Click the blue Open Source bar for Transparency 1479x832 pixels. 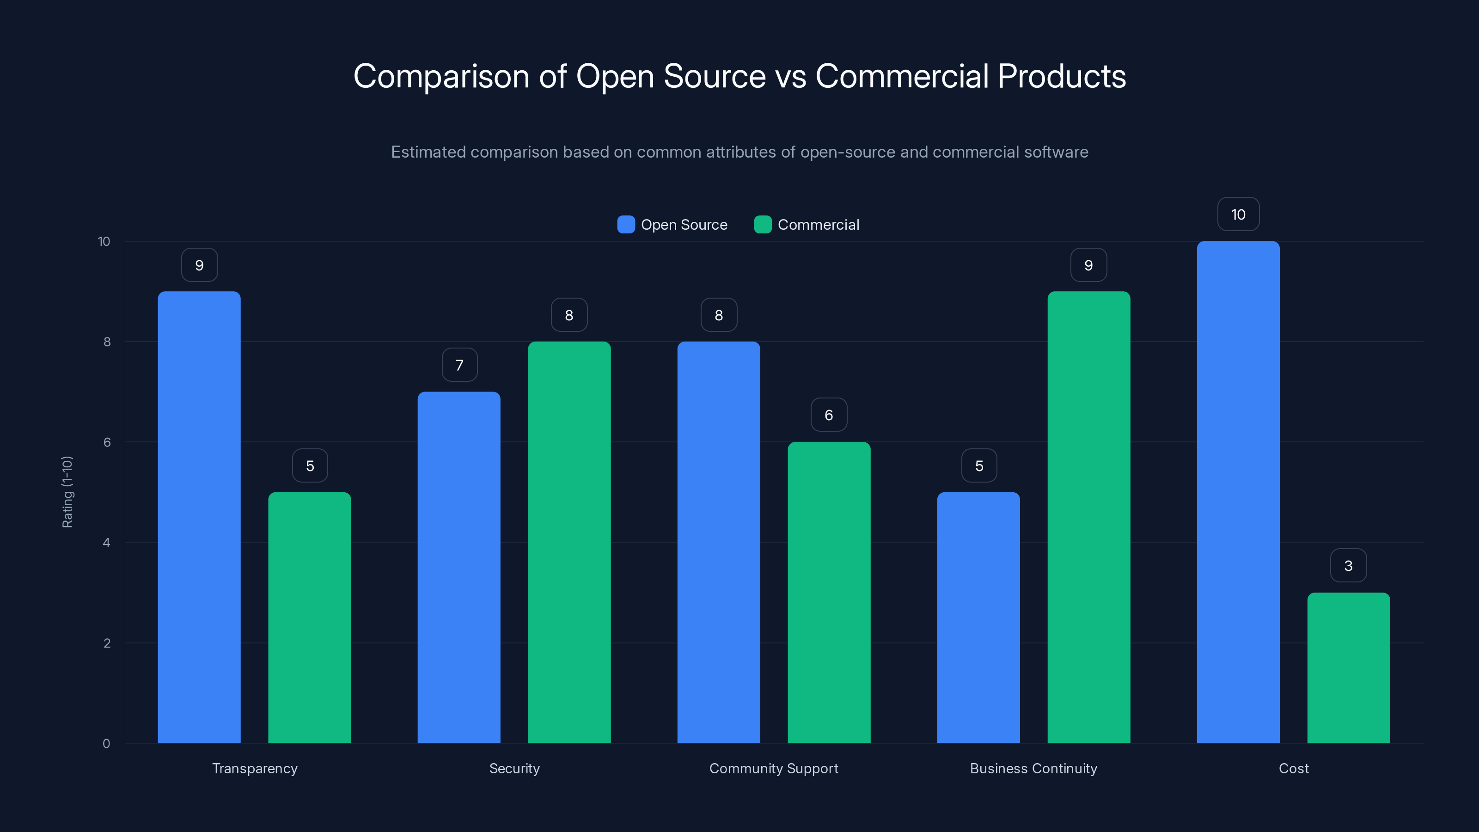point(199,517)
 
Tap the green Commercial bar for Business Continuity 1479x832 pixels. point(1088,517)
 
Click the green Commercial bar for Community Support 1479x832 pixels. point(829,592)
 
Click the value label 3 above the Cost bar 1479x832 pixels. point(1348,566)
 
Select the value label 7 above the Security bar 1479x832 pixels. point(459,365)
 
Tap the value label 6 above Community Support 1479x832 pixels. point(829,415)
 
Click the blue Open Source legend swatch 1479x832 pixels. point(626,225)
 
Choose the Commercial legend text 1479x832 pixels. point(818,225)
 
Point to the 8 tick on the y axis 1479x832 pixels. point(107,342)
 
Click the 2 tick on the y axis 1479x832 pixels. point(107,643)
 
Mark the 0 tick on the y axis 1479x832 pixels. point(106,744)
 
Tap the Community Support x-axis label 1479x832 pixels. point(773,768)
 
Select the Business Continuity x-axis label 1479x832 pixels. point(1033,768)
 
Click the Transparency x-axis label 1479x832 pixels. point(255,768)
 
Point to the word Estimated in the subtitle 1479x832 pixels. point(428,152)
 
